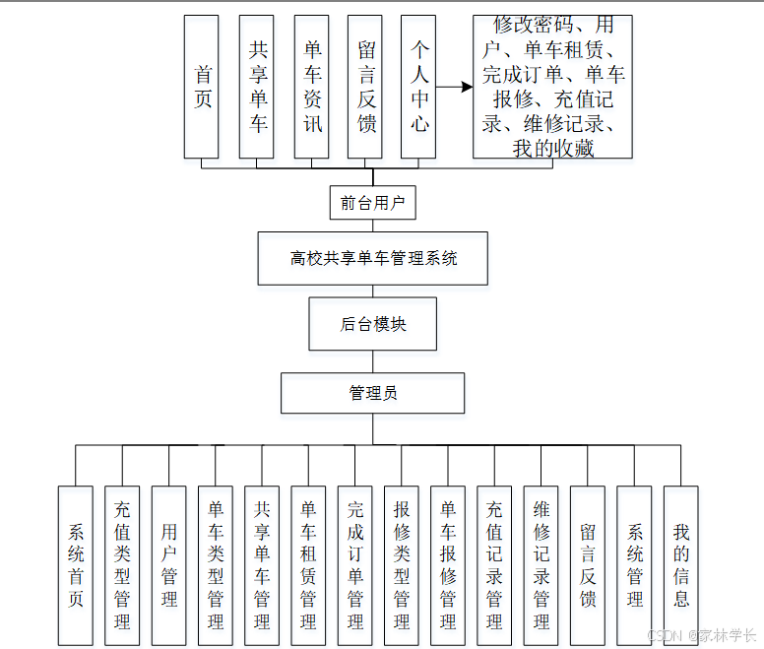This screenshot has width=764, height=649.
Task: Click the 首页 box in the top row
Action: pyautogui.click(x=202, y=87)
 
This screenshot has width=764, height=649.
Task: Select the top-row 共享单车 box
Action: pyautogui.click(x=257, y=87)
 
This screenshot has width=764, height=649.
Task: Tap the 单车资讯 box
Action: pyautogui.click(x=311, y=87)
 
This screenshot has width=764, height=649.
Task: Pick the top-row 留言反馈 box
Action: pyautogui.click(x=365, y=87)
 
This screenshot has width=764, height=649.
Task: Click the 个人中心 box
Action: pyautogui.click(x=418, y=87)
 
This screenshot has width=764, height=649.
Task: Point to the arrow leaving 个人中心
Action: pyautogui.click(x=454, y=87)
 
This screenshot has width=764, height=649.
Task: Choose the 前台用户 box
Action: pyautogui.click(x=372, y=203)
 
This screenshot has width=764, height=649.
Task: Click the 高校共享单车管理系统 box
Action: pyautogui.click(x=372, y=259)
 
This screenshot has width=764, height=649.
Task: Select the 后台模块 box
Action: pyautogui.click(x=372, y=324)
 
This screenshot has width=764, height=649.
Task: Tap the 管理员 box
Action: pyautogui.click(x=372, y=393)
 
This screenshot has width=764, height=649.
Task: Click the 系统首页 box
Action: pyautogui.click(x=76, y=565)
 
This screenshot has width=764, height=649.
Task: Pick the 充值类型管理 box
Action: pyautogui.click(x=122, y=565)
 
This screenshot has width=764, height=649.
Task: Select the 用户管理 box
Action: pyautogui.click(x=169, y=565)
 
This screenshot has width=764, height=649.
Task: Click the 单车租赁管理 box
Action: pyautogui.click(x=308, y=565)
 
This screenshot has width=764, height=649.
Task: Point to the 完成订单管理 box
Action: pyautogui.click(x=354, y=565)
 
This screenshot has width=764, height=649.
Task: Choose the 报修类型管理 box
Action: pyautogui.click(x=401, y=565)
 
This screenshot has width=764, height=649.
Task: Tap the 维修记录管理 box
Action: pyautogui.click(x=541, y=565)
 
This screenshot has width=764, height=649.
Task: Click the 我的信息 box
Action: pyautogui.click(x=680, y=565)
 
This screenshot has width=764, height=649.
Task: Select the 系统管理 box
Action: pyautogui.click(x=634, y=565)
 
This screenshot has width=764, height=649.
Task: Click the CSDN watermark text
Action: pyautogui.click(x=701, y=635)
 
